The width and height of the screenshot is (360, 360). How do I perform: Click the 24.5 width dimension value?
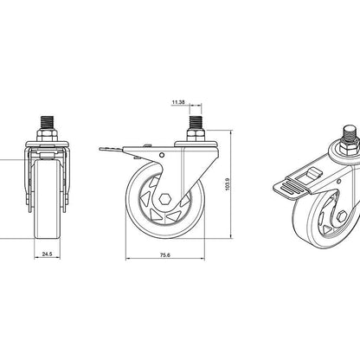(47, 254)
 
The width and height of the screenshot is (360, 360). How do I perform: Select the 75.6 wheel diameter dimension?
(165, 255)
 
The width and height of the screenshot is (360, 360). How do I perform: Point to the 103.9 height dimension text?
(227, 184)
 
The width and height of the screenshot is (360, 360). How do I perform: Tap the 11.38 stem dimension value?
(178, 102)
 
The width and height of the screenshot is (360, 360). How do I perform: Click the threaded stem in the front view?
(48, 123)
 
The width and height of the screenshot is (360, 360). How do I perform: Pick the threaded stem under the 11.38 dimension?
(196, 123)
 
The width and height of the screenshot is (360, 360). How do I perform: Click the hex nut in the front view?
(48, 135)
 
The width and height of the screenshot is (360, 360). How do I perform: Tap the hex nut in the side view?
(196, 135)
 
